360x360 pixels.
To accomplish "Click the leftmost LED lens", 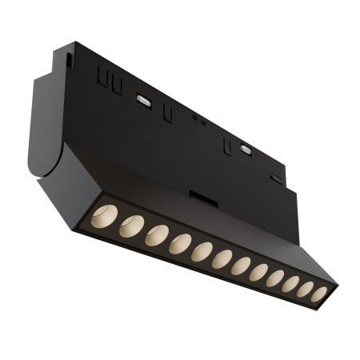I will [x=103, y=216].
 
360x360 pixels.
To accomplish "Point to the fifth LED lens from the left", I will [x=202, y=253].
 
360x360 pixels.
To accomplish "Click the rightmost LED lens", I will [x=318, y=294].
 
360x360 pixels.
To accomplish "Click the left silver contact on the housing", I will [x=144, y=100].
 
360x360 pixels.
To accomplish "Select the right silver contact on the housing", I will [x=246, y=149].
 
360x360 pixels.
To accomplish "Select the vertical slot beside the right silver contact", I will [x=228, y=145].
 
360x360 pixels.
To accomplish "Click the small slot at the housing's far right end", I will [x=276, y=178].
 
